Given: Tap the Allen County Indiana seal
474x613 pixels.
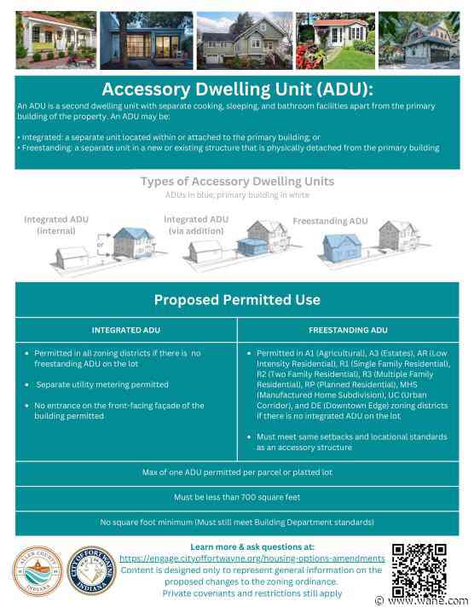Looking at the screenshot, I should point(38,572).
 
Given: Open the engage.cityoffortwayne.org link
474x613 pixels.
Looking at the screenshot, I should point(251,558).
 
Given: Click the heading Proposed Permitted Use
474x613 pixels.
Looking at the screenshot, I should point(237,300).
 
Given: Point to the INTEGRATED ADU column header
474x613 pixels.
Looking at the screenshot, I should point(124,330).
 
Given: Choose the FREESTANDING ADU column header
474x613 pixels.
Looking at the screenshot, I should point(348,330).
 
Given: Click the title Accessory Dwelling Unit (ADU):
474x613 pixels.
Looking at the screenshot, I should point(237,90).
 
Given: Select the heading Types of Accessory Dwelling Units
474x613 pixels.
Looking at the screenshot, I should point(237,182).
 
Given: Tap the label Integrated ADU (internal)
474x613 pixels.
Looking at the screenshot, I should point(50,225).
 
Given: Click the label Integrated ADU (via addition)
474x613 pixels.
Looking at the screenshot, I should point(196,224).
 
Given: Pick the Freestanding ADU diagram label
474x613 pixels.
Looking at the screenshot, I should point(331,221).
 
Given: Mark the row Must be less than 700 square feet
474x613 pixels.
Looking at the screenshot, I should point(237,496).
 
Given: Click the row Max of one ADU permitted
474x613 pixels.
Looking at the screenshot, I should point(237,471).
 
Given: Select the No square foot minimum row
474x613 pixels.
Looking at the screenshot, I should point(237,521).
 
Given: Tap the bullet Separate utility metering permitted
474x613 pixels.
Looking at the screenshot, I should point(102,385).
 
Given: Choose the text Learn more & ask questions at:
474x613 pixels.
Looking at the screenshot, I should point(251,546).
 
